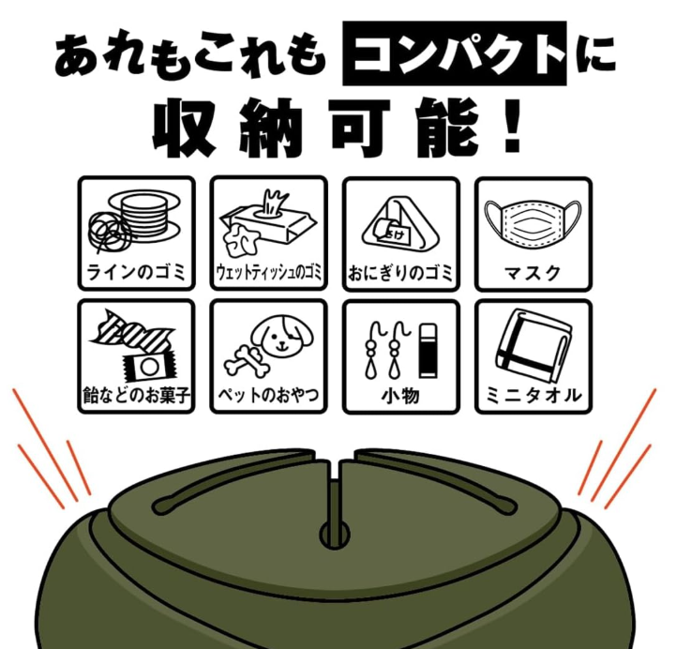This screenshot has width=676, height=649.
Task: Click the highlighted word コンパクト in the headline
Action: point(455,53)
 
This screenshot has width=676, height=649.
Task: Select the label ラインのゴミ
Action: point(136,273)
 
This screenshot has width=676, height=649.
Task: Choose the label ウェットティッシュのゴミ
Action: point(268,273)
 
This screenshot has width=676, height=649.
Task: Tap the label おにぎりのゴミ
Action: point(400,273)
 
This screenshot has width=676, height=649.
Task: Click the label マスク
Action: point(533,274)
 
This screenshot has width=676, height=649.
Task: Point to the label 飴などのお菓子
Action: point(136,395)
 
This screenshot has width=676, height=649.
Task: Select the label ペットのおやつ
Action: point(268,395)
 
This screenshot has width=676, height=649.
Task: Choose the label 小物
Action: point(400,396)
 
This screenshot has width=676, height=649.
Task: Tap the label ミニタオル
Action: point(533,396)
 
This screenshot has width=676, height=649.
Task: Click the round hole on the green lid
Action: point(335,535)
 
